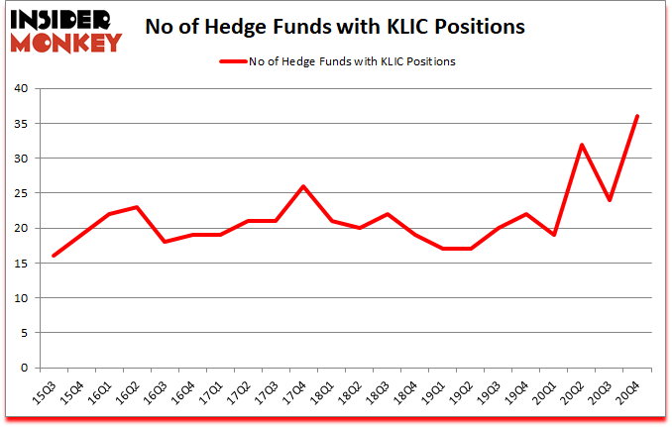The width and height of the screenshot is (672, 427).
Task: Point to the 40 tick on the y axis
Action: pos(22,88)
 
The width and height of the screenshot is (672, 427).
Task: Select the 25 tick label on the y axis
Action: pos(22,193)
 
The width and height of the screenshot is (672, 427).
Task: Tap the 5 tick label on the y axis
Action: pos(25,333)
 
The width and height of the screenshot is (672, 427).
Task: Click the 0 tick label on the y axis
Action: pos(25,368)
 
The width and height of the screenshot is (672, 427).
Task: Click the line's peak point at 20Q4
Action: pos(637,116)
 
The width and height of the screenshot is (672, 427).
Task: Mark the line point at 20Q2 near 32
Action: pos(582,145)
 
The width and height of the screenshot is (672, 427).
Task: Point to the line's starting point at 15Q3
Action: pos(54,256)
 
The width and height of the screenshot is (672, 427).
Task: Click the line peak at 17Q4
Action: pos(303,186)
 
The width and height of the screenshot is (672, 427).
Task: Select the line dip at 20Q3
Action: pos(610,200)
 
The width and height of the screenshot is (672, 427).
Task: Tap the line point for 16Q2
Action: pos(137,207)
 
